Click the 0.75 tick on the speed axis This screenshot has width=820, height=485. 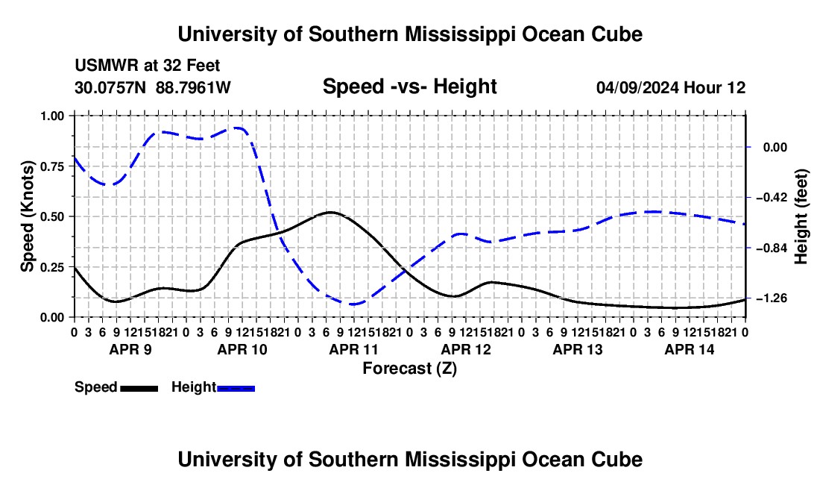72,166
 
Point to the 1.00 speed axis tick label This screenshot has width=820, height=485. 52,116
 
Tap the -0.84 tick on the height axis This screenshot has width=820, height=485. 748,248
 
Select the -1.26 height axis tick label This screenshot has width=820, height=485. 772,298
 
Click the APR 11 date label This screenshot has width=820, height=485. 353,349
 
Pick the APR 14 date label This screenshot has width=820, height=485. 690,349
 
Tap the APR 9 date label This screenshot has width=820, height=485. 130,349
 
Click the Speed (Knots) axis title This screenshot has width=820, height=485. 27,216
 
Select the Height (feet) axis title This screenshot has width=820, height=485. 801,216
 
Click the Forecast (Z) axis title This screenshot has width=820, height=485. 409,369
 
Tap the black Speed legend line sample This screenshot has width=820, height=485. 139,388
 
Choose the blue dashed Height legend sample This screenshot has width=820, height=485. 236,388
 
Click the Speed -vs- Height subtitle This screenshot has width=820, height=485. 409,87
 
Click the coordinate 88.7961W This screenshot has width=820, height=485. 193,87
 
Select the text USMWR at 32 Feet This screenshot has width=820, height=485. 148,66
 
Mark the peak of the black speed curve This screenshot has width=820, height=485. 330,212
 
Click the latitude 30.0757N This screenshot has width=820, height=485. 110,87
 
